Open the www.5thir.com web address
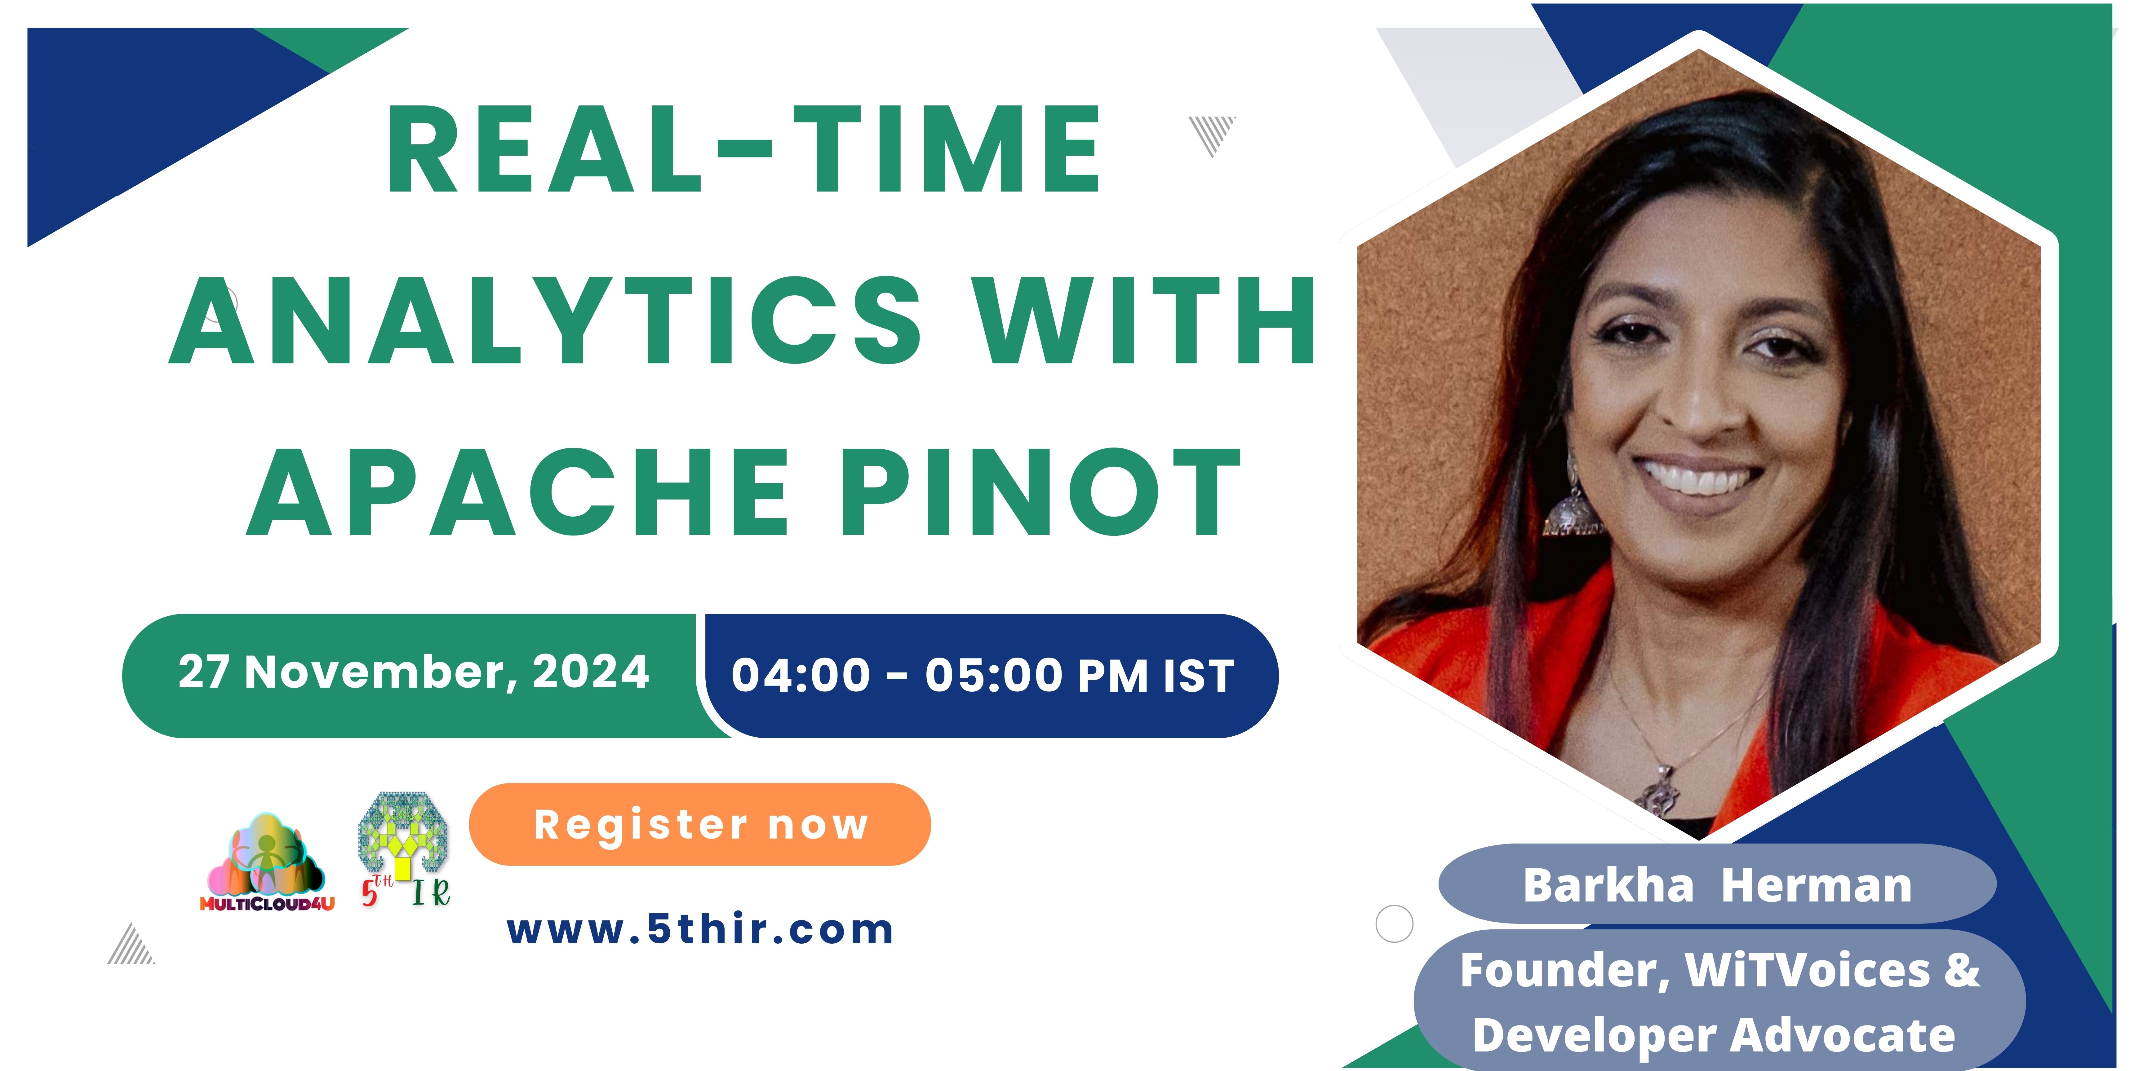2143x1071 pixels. point(700,930)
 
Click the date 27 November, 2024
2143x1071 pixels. point(414,672)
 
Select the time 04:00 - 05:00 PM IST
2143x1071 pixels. point(983,675)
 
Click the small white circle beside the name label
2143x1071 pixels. point(1394,924)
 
